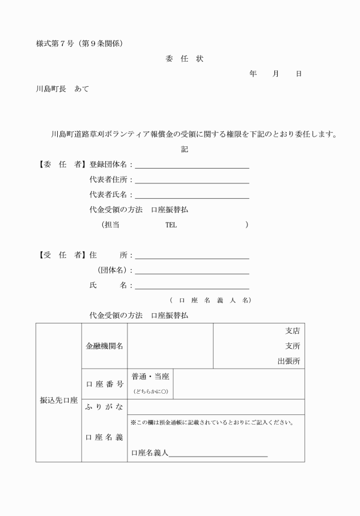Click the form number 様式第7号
(x=54, y=44)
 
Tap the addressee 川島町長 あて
(x=62, y=89)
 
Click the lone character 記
(x=185, y=150)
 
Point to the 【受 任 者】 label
(x=61, y=255)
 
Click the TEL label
(x=171, y=225)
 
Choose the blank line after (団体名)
(x=192, y=271)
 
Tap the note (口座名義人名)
(x=210, y=300)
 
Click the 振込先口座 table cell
(x=58, y=401)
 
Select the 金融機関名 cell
(x=104, y=346)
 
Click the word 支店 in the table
(x=293, y=331)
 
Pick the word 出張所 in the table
(x=289, y=361)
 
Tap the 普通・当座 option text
(x=150, y=377)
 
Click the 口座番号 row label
(x=104, y=384)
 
